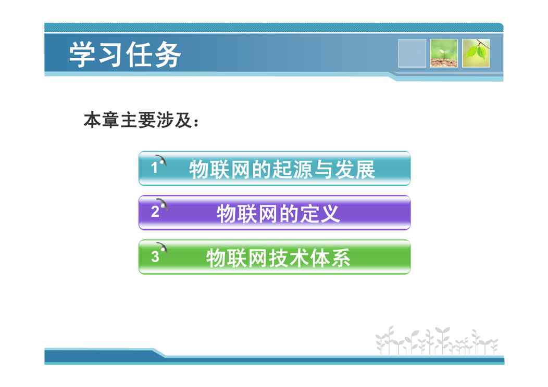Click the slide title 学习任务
tap(125, 55)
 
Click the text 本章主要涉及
tap(138, 120)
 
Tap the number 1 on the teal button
tap(155, 168)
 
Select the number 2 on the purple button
tap(155, 212)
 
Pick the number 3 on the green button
tap(155, 256)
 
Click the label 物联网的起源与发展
tap(282, 170)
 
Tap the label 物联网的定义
tap(278, 214)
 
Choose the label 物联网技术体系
tap(278, 258)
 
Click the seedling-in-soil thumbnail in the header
tap(444, 53)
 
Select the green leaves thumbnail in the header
tap(476, 53)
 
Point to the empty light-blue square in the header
tap(412, 53)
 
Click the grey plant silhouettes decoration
tap(437, 340)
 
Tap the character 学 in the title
tap(82, 55)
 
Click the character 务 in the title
tap(168, 55)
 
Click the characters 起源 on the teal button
tap(292, 170)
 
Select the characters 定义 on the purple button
tap(319, 214)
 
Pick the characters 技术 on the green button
tap(289, 258)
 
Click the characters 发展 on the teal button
tap(355, 170)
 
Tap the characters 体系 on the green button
tap(330, 258)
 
